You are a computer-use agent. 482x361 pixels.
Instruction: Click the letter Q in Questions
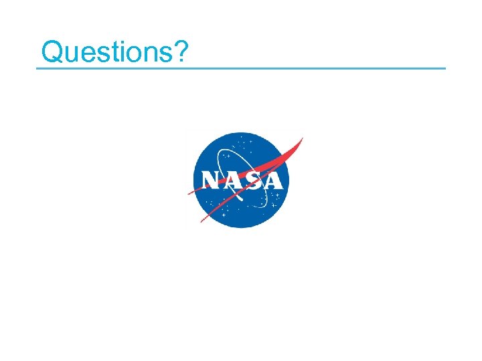click(x=52, y=51)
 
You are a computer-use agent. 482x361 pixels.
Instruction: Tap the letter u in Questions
click(x=71, y=53)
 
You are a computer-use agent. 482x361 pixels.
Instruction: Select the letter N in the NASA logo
click(x=212, y=180)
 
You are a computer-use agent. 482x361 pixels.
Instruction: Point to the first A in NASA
click(x=232, y=180)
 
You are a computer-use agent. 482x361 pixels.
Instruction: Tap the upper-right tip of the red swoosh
click(x=302, y=138)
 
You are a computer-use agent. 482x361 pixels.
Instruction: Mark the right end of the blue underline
click(x=445, y=68)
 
